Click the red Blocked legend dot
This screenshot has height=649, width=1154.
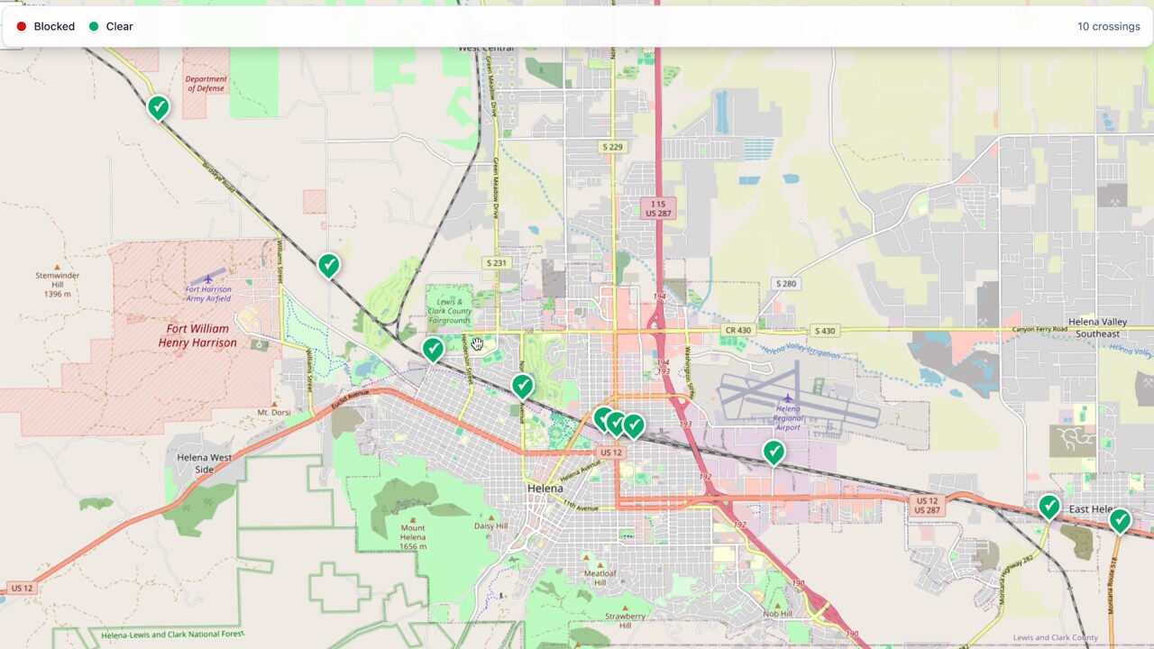click(x=22, y=27)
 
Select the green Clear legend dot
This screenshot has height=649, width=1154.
click(x=94, y=27)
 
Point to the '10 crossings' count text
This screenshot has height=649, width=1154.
click(x=1108, y=27)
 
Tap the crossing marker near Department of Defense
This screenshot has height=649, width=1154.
click(x=159, y=108)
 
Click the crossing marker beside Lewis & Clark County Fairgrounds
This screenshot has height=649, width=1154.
click(x=434, y=349)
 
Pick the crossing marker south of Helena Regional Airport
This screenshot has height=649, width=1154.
click(x=774, y=452)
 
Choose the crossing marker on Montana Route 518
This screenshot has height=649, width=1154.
click(x=1119, y=520)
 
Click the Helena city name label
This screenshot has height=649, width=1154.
click(x=545, y=488)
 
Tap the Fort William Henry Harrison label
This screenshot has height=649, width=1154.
click(x=197, y=336)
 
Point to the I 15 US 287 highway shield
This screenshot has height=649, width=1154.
click(x=657, y=209)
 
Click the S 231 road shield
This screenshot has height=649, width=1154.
click(x=496, y=263)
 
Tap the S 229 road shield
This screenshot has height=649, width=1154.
click(x=612, y=147)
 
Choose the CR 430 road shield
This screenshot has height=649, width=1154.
click(x=737, y=331)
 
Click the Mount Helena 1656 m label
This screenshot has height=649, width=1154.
click(x=412, y=537)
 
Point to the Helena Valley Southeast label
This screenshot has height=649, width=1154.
click(x=1096, y=328)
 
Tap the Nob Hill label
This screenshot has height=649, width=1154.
click(x=777, y=614)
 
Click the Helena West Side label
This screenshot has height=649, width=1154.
click(x=204, y=463)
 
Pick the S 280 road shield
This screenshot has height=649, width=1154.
click(x=786, y=284)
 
